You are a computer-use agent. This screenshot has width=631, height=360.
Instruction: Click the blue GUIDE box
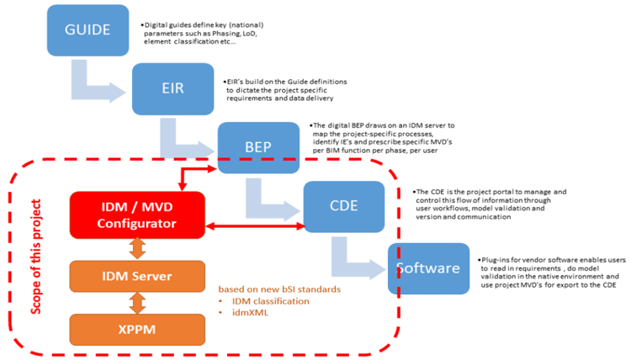[x=88, y=30]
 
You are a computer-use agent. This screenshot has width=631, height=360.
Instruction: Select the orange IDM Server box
[x=137, y=277]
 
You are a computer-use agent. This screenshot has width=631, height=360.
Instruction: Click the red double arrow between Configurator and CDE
[x=254, y=225]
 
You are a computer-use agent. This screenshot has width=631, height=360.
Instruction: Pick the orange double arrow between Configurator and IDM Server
[x=137, y=248]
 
